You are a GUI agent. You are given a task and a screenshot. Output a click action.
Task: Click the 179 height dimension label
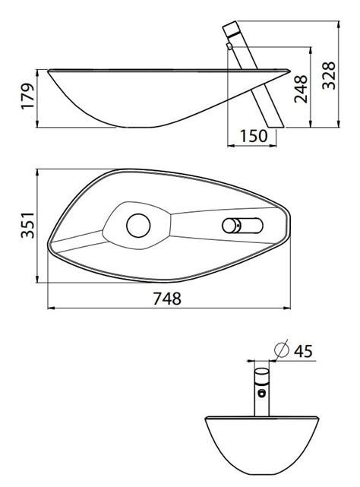click(27, 96)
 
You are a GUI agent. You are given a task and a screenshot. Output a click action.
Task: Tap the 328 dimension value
click(329, 75)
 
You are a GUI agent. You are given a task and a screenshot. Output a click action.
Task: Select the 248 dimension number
click(301, 89)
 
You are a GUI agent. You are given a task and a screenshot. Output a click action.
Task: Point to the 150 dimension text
click(254, 136)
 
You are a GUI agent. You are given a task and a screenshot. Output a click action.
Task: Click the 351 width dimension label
click(27, 225)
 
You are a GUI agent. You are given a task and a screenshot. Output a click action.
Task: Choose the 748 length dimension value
click(167, 299)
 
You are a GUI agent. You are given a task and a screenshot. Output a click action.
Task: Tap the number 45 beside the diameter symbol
click(303, 351)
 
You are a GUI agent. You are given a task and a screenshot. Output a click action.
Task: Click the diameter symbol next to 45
click(282, 350)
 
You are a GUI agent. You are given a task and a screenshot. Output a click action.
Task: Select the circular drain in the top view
click(138, 226)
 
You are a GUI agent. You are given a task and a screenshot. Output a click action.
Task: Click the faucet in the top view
click(242, 226)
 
